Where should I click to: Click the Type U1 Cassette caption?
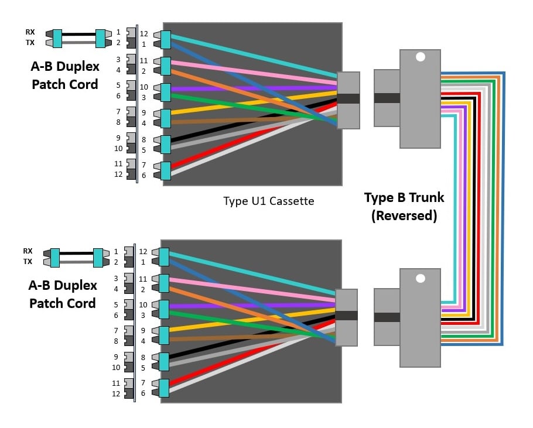pos(268,201)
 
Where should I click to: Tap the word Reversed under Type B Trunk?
pos(404,215)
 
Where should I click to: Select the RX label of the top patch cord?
pos(30,32)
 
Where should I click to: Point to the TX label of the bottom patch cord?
pos(28,262)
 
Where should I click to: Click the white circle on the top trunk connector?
pos(420,57)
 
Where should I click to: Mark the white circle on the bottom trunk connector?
pos(419,278)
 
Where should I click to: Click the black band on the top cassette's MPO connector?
pos(348,99)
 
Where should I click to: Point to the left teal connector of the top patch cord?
pos(57,38)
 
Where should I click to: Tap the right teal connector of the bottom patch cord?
pos(98,257)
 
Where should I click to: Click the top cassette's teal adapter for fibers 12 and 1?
pos(165,39)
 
